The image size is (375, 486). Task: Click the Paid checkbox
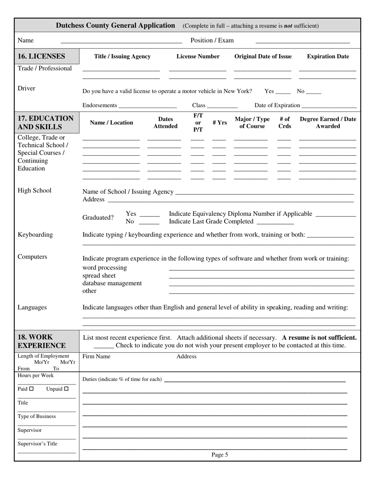tap(32, 389)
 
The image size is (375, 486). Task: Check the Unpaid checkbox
tap(66, 389)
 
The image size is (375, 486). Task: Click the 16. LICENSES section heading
tap(41, 56)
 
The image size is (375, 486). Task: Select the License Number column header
tap(198, 57)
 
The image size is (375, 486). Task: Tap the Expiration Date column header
tap(328, 57)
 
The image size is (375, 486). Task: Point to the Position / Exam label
tap(212, 40)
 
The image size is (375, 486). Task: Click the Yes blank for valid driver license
tap(283, 92)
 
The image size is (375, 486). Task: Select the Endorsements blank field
tap(147, 106)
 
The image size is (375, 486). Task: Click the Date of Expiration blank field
tap(329, 106)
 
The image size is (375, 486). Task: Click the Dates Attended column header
tap(165, 122)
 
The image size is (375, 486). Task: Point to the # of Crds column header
tap(285, 122)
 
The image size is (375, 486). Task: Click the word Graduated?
tap(98, 218)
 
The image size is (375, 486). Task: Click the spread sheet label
tap(99, 275)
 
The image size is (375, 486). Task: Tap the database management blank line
tap(261, 284)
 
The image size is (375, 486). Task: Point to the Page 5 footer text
tap(219, 455)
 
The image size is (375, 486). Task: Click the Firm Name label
tap(96, 356)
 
